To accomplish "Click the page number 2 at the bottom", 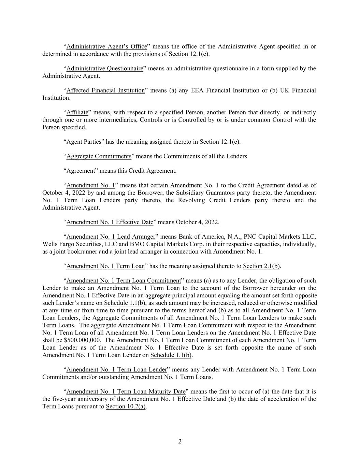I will tap(180, 441).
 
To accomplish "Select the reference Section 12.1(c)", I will tap(188, 54).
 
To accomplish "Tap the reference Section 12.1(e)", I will tap(219, 142).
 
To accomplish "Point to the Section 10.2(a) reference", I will tap(126, 406).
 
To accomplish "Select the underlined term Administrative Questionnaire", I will tap(105, 68).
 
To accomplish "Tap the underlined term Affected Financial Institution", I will tap(105, 90).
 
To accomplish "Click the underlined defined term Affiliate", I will tap(77, 112).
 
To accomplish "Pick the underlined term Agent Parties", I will tap(84, 142).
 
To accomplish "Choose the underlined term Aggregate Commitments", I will tap(99, 156).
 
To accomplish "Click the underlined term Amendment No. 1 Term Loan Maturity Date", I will tap(126, 392).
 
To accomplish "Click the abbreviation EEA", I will tap(198, 90).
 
